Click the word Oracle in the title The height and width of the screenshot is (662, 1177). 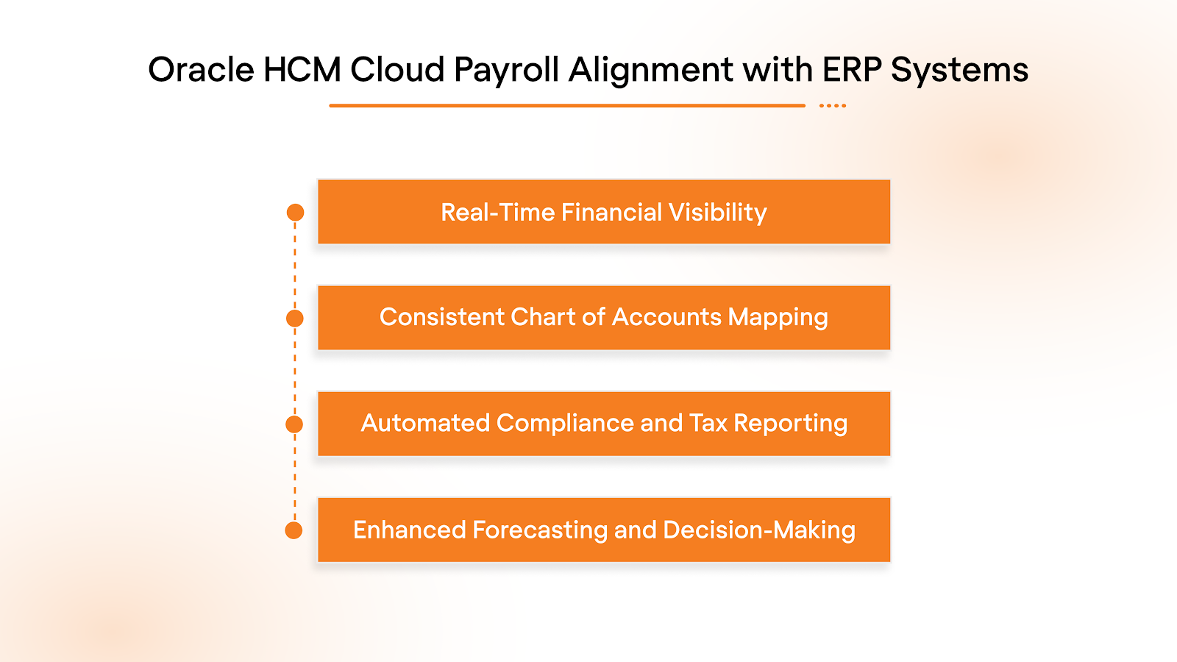[x=201, y=71]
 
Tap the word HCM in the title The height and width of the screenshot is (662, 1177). [x=302, y=71]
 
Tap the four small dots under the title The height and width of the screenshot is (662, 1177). [x=833, y=106]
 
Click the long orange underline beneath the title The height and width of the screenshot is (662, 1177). [x=566, y=106]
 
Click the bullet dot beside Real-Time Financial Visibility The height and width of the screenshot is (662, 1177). [x=295, y=213]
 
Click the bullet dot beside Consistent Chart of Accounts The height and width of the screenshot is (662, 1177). [x=294, y=318]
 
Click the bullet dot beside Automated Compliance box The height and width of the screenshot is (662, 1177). [x=294, y=424]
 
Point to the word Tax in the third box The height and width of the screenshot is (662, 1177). [x=708, y=423]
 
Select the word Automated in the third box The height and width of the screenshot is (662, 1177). [x=425, y=423]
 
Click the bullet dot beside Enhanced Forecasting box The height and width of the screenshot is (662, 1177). [x=294, y=530]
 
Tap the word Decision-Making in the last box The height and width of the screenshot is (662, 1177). [x=758, y=530]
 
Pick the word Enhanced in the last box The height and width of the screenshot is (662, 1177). [x=409, y=530]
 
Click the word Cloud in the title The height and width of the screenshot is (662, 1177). [x=397, y=71]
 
